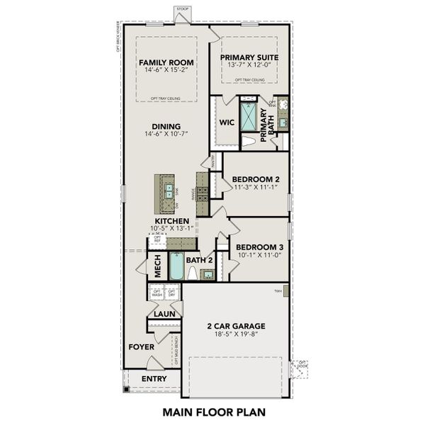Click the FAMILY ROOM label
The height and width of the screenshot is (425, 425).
pos(166,62)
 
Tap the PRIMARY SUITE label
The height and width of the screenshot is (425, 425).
pos(249,57)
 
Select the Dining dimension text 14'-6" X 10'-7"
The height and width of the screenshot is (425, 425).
pos(166,135)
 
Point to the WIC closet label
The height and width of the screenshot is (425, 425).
pos(227,123)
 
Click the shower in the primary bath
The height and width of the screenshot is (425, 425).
pos(249,117)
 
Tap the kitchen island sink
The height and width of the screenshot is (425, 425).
pos(170,190)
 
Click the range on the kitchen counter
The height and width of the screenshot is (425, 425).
pos(203,190)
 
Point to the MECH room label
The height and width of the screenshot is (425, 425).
pos(159,265)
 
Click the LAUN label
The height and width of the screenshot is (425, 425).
pos(164,313)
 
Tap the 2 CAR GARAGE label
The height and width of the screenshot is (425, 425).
pos(236,327)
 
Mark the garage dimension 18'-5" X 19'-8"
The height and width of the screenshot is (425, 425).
pos(236,336)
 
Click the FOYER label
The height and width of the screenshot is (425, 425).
pos(141,347)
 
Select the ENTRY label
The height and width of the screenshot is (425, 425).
pos(154,379)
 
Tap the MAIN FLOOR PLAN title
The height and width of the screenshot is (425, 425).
pos(212,411)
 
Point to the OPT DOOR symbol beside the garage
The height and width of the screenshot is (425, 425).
pos(302,368)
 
